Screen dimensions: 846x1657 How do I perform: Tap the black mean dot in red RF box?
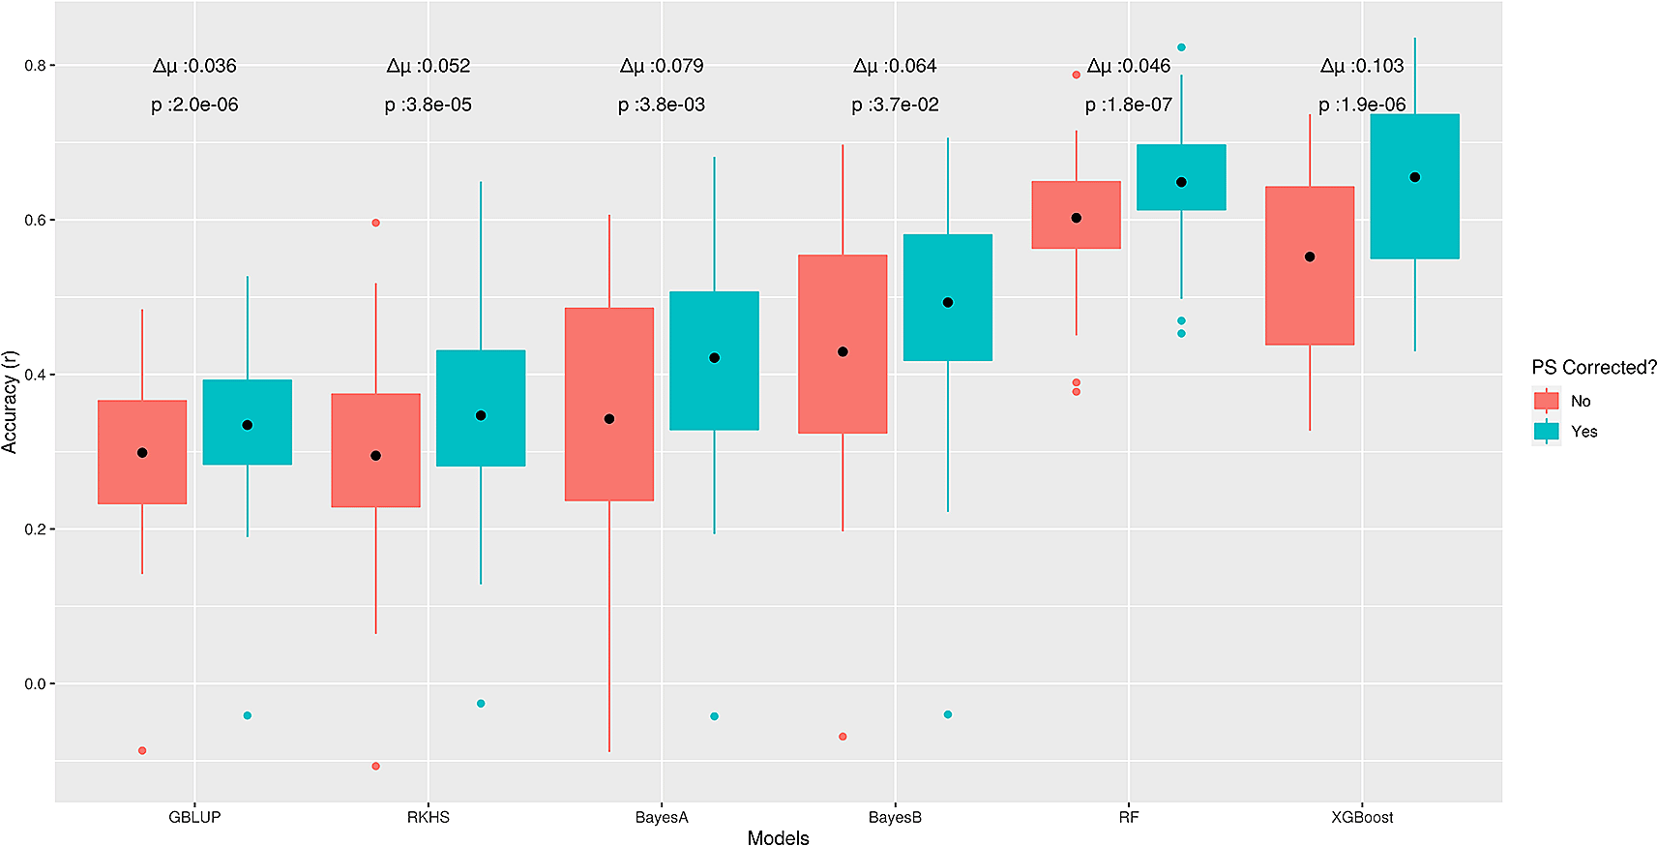[x=1076, y=218]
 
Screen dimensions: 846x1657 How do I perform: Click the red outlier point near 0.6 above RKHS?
[x=375, y=223]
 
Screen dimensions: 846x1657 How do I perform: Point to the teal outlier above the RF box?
[x=1181, y=47]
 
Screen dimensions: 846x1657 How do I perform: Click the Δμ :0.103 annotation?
[x=1361, y=66]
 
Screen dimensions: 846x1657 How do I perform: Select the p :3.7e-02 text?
[x=895, y=105]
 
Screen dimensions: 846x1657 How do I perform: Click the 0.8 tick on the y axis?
[x=36, y=66]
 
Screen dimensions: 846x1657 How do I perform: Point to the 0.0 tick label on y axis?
[x=36, y=683]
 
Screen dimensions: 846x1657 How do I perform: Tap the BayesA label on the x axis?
[x=662, y=817]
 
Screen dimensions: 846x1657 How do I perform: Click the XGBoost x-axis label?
[x=1361, y=817]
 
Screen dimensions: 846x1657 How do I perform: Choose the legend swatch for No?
[x=1546, y=401]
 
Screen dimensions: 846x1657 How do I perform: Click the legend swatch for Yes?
[x=1546, y=432]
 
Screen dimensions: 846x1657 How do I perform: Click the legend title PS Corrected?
[x=1593, y=368]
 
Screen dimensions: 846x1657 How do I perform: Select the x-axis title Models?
[x=778, y=837]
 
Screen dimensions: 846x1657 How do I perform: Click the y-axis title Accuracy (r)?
[x=10, y=402]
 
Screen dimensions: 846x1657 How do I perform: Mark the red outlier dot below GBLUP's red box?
[x=142, y=750]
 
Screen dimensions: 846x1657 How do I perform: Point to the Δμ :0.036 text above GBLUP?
[x=193, y=66]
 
